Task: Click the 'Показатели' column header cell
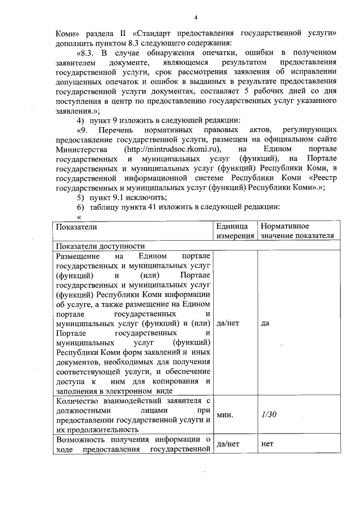76,227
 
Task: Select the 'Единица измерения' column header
235,231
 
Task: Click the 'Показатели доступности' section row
100,246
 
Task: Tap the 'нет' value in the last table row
267,444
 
